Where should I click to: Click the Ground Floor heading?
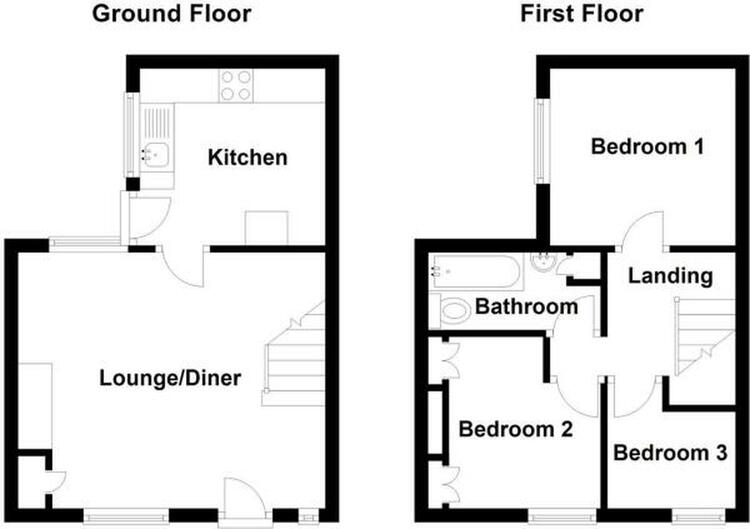tap(171, 13)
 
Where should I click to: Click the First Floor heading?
tap(581, 13)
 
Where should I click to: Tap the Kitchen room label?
tap(247, 157)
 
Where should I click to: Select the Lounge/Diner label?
tap(170, 378)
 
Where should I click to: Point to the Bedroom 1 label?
tap(647, 146)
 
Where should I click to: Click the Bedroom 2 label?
tap(516, 429)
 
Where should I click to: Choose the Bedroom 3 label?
tap(670, 452)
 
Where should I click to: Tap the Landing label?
tap(670, 276)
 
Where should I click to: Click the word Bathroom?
tap(526, 307)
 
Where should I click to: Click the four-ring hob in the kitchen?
tap(236, 86)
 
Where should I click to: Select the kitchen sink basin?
tap(156, 154)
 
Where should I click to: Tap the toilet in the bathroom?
tap(450, 311)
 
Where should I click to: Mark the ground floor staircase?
tap(294, 354)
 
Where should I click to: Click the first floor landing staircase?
tap(705, 336)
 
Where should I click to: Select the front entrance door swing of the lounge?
tap(245, 500)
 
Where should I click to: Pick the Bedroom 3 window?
tap(698, 516)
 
